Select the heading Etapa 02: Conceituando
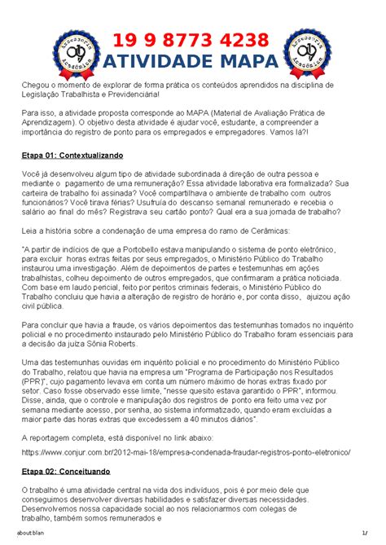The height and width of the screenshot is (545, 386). pyautogui.click(x=71, y=471)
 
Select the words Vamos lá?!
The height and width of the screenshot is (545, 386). pyautogui.click(x=300, y=131)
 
